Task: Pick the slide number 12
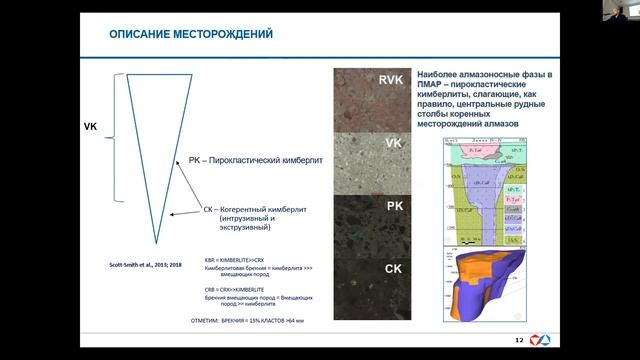(519, 341)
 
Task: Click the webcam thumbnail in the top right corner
(624, 9)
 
